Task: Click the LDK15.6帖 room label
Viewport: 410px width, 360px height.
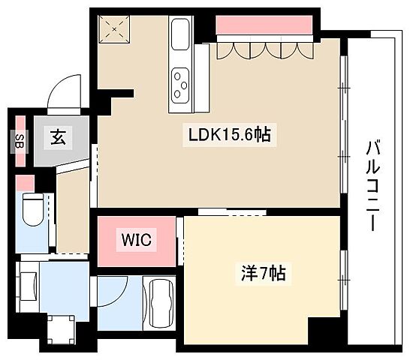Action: [x=229, y=135]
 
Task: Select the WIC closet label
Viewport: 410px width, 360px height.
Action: [x=137, y=240]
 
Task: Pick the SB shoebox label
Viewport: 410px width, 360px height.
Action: [x=20, y=140]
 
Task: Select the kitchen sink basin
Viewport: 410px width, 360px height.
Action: [x=181, y=36]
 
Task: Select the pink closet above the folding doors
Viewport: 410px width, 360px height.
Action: [x=264, y=25]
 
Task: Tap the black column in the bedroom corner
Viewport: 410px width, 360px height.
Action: [x=324, y=328]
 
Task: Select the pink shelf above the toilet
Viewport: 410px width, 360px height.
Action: [x=25, y=183]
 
